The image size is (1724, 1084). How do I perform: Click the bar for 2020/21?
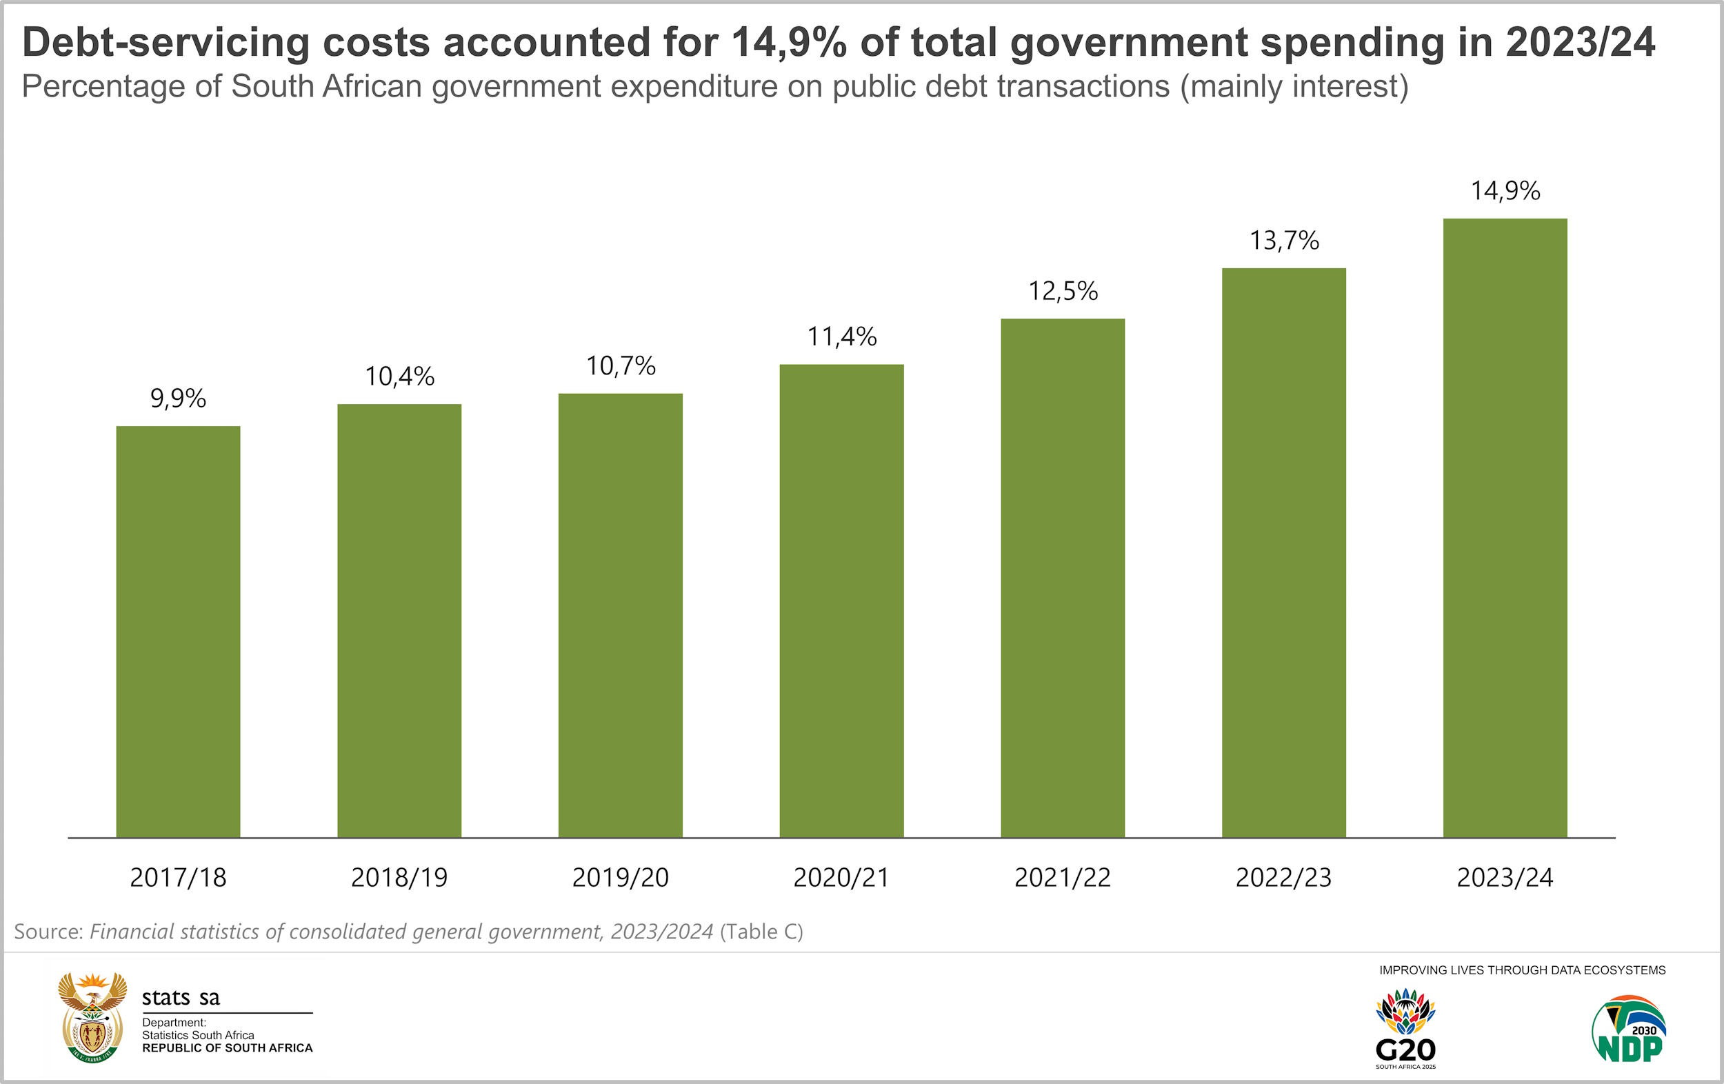tap(841, 601)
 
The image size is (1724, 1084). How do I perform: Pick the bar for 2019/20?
tap(620, 615)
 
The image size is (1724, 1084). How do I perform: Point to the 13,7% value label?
tap(1284, 241)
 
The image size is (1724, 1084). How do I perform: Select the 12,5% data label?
tap(1063, 291)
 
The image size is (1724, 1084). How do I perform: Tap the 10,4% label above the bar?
tap(399, 376)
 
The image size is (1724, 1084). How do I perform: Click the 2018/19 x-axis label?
tap(399, 877)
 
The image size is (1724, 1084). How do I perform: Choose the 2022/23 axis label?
tap(1284, 877)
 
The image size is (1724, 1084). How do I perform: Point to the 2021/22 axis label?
tap(1063, 877)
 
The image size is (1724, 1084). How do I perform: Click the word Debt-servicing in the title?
tap(166, 43)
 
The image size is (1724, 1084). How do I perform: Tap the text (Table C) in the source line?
tap(761, 932)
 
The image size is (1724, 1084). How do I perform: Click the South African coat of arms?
tap(92, 1017)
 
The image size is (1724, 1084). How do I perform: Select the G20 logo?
tap(1405, 1030)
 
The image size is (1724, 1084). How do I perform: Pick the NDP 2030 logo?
tap(1630, 1030)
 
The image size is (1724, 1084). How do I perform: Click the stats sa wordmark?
tap(181, 997)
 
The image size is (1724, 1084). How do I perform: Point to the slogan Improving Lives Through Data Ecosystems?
tap(1522, 970)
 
